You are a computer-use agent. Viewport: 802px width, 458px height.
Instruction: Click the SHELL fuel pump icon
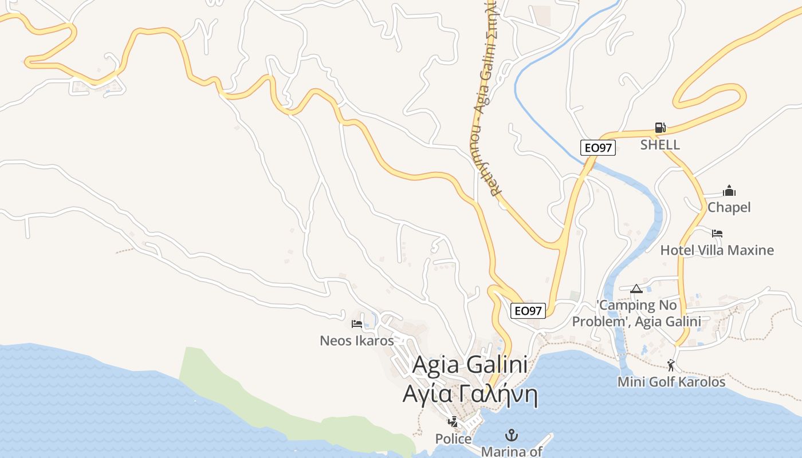click(x=660, y=128)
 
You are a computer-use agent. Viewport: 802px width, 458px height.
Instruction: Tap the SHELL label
click(x=660, y=145)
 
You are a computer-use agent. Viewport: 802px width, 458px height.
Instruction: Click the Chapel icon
click(x=729, y=191)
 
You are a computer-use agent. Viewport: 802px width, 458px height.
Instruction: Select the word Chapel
click(x=729, y=207)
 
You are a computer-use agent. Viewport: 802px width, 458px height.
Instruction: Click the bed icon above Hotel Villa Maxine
click(x=717, y=234)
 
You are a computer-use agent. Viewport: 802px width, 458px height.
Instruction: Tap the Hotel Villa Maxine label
click(x=717, y=250)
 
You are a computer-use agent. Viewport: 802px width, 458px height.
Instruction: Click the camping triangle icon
click(x=636, y=289)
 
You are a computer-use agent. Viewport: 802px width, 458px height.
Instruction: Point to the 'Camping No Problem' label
click(x=636, y=313)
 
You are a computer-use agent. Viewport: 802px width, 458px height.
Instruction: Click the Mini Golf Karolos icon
click(x=671, y=365)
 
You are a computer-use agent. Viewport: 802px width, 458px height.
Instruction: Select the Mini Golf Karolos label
click(x=671, y=382)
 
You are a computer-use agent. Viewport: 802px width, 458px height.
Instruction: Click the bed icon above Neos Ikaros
click(x=357, y=324)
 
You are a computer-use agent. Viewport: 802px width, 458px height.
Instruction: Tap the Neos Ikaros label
click(x=357, y=341)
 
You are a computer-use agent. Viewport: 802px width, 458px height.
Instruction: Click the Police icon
click(x=453, y=423)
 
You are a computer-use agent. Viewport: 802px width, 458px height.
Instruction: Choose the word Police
click(x=453, y=439)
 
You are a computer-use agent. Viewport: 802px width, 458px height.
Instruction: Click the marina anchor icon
click(x=511, y=435)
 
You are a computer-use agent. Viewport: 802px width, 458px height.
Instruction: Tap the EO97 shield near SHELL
click(x=597, y=148)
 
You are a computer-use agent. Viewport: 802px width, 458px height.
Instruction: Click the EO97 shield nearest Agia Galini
click(x=528, y=311)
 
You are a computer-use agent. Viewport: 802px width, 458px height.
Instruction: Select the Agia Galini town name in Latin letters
click(x=470, y=365)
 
